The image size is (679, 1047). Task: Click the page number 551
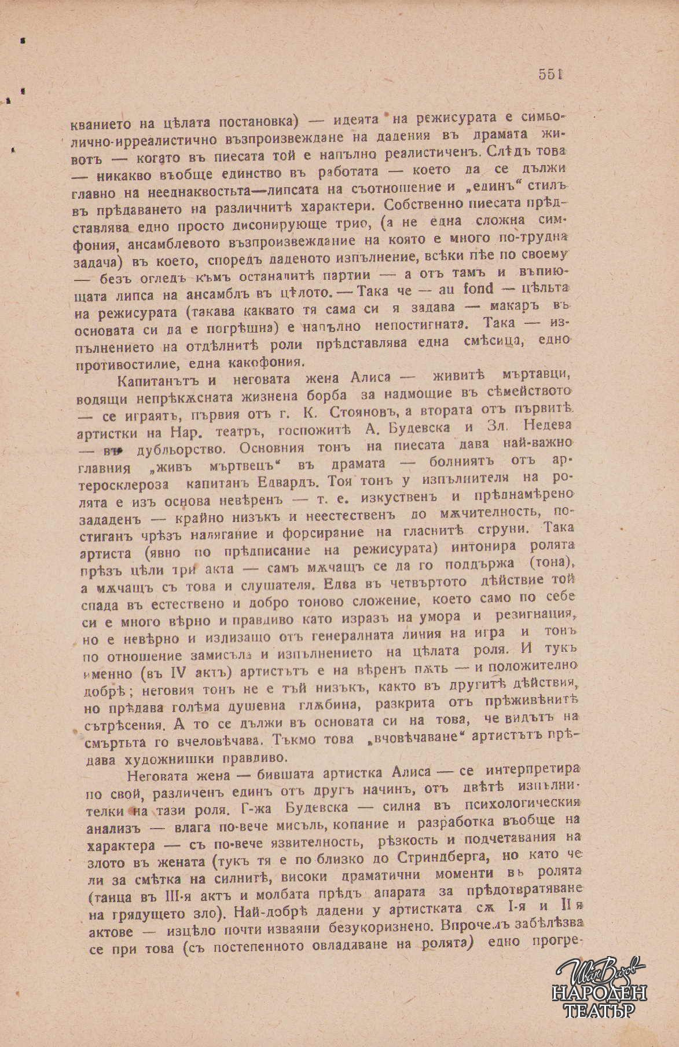tap(551, 74)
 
